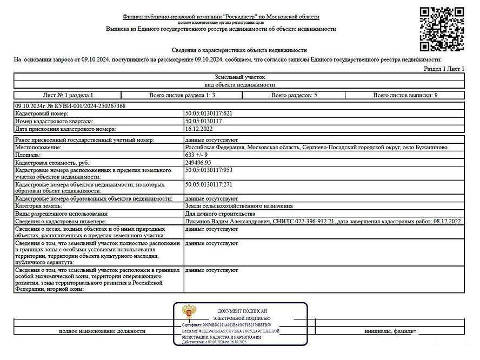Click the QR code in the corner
click(x=442, y=29)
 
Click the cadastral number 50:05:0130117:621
click(x=209, y=114)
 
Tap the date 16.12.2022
click(x=197, y=129)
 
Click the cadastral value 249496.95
click(x=198, y=163)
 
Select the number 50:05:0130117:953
click(x=209, y=170)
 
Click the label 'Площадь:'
click(x=28, y=155)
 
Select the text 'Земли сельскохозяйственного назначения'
click(x=239, y=206)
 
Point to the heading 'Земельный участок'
click(x=239, y=77)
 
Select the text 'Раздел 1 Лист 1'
click(x=444, y=69)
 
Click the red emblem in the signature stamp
click(x=189, y=312)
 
